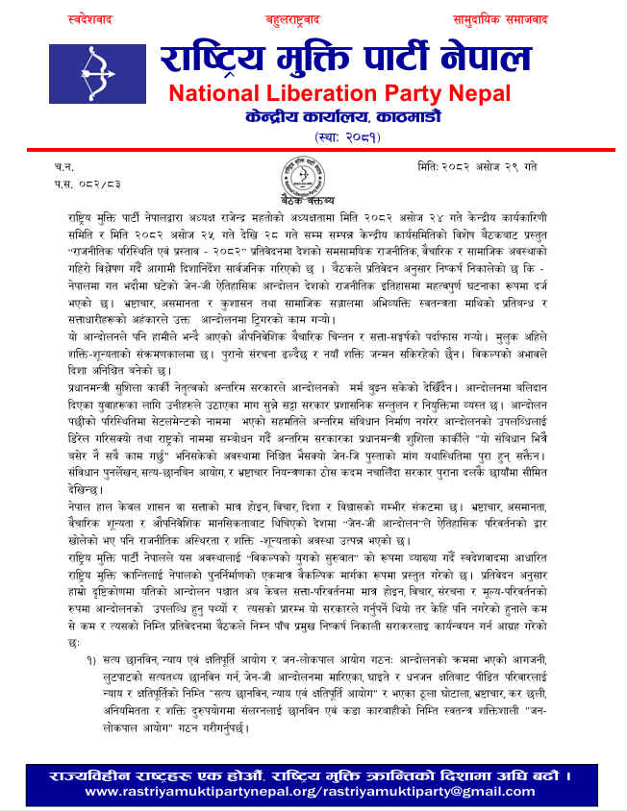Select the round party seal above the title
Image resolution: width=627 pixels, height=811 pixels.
coord(300,175)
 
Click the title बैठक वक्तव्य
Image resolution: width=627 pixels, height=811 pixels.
coord(307,201)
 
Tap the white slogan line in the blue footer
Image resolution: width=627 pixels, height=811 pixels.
coord(313,774)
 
